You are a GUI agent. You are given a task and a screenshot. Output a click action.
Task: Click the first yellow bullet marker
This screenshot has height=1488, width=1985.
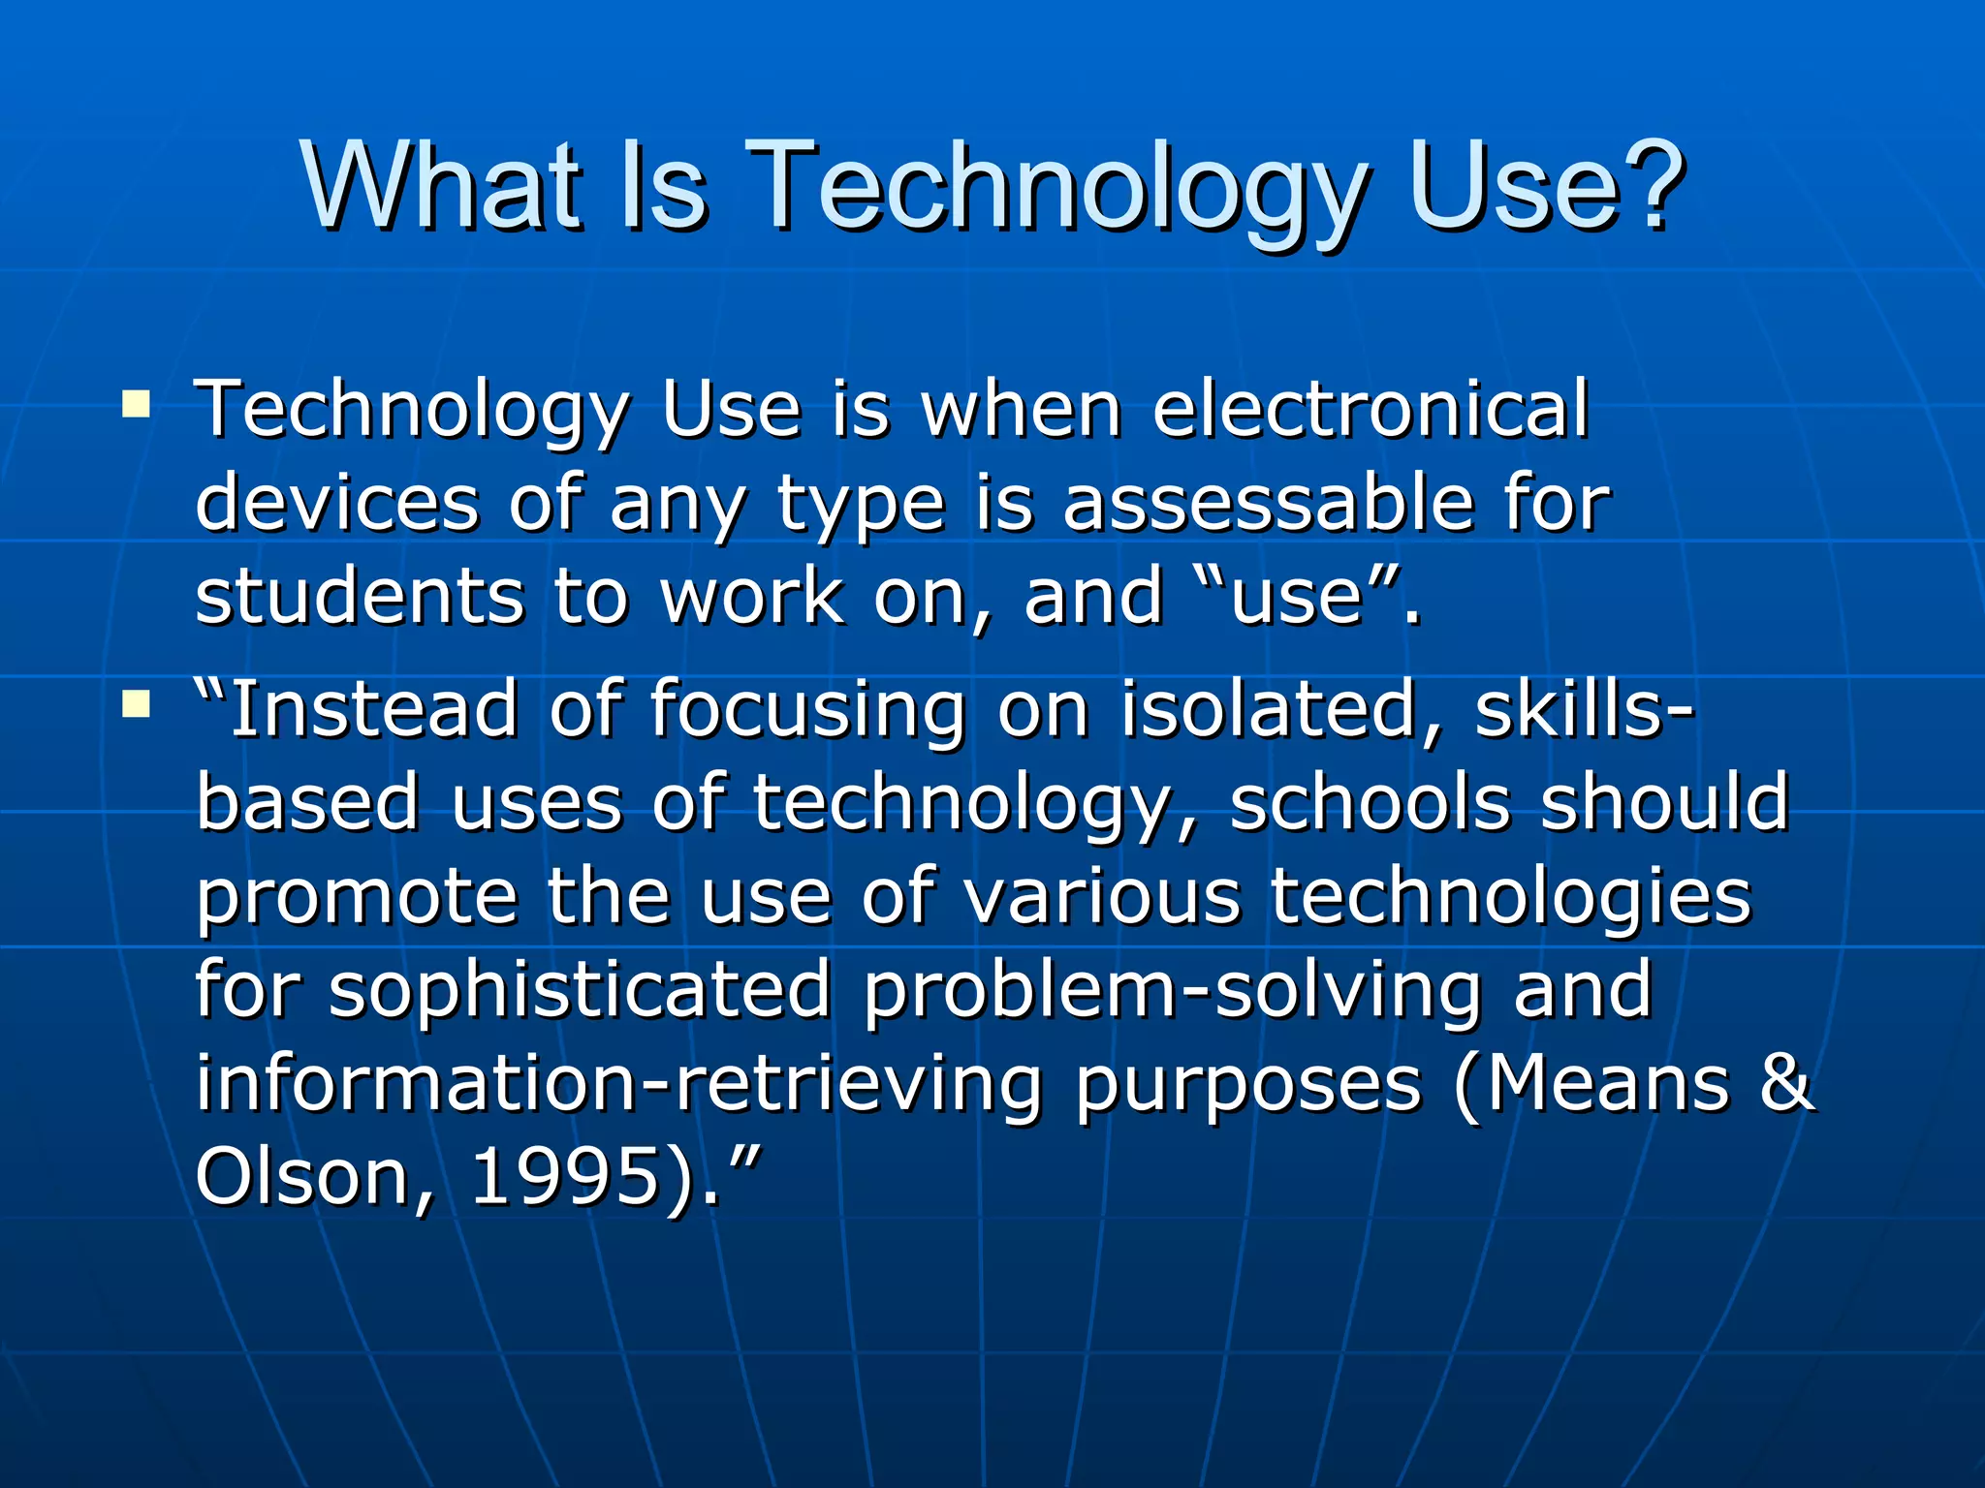point(137,402)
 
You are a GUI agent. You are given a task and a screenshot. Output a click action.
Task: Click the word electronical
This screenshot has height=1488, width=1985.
point(1371,409)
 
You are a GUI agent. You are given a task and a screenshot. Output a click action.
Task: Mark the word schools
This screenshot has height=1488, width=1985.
point(1369,802)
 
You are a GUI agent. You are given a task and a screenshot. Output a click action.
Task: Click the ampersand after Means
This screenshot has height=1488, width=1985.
point(1785,1082)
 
